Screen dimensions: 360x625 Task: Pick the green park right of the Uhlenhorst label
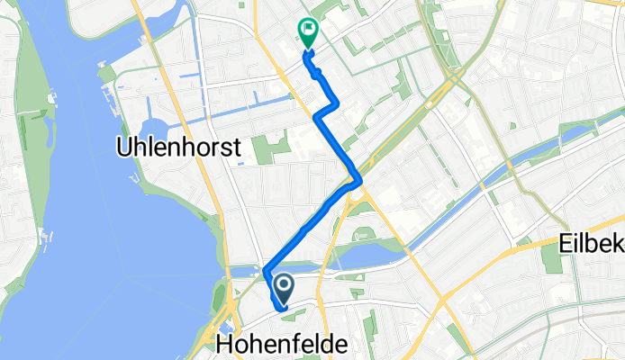[x=263, y=148]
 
